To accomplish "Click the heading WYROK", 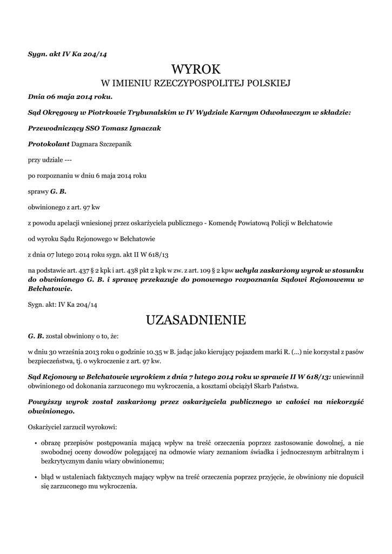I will click(x=196, y=69).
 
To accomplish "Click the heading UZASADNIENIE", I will click(x=196, y=320).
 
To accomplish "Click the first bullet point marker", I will click(x=35, y=443).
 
